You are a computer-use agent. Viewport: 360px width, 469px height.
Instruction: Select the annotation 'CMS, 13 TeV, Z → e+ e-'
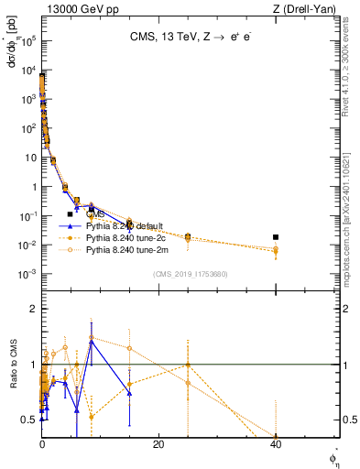[191, 38]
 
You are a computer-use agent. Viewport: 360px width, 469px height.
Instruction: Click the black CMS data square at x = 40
[276, 237]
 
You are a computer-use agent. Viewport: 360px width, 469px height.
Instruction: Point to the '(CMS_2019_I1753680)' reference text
[191, 273]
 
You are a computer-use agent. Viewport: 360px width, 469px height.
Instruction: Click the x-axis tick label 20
[158, 445]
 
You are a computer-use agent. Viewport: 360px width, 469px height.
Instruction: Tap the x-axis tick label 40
[276, 445]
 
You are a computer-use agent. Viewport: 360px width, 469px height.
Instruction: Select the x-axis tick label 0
[42, 445]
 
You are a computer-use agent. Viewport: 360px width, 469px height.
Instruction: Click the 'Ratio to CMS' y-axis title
[13, 365]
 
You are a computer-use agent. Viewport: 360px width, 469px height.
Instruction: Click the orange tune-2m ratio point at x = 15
[129, 348]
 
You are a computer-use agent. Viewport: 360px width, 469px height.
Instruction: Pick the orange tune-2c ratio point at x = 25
[188, 365]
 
